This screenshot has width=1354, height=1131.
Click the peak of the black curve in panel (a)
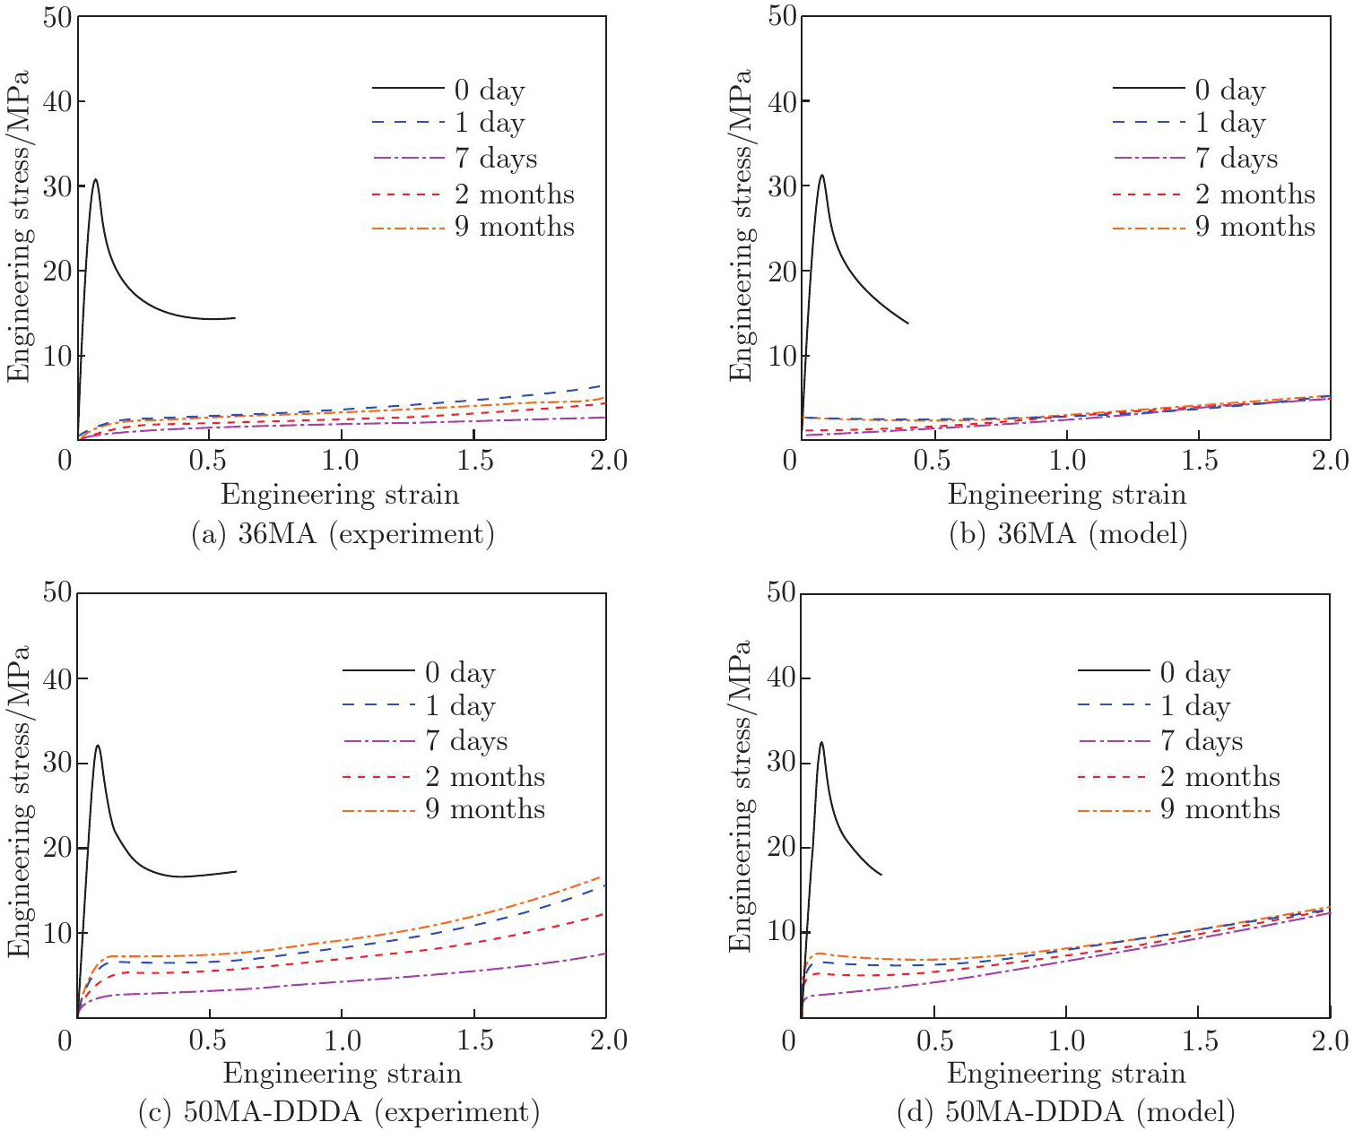coord(95,180)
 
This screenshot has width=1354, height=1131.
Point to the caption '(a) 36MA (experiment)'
coord(343,534)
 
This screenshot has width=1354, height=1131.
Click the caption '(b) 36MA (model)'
coord(1068,534)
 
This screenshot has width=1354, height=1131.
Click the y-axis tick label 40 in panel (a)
coord(58,100)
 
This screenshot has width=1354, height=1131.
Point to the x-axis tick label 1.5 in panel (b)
coord(1199,461)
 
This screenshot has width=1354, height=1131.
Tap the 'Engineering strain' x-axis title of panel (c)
coord(342,1073)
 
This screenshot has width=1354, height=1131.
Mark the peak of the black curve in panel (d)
coord(820,742)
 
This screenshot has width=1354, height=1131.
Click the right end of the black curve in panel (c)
coord(236,871)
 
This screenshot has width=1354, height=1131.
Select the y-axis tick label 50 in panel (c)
coord(58,592)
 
